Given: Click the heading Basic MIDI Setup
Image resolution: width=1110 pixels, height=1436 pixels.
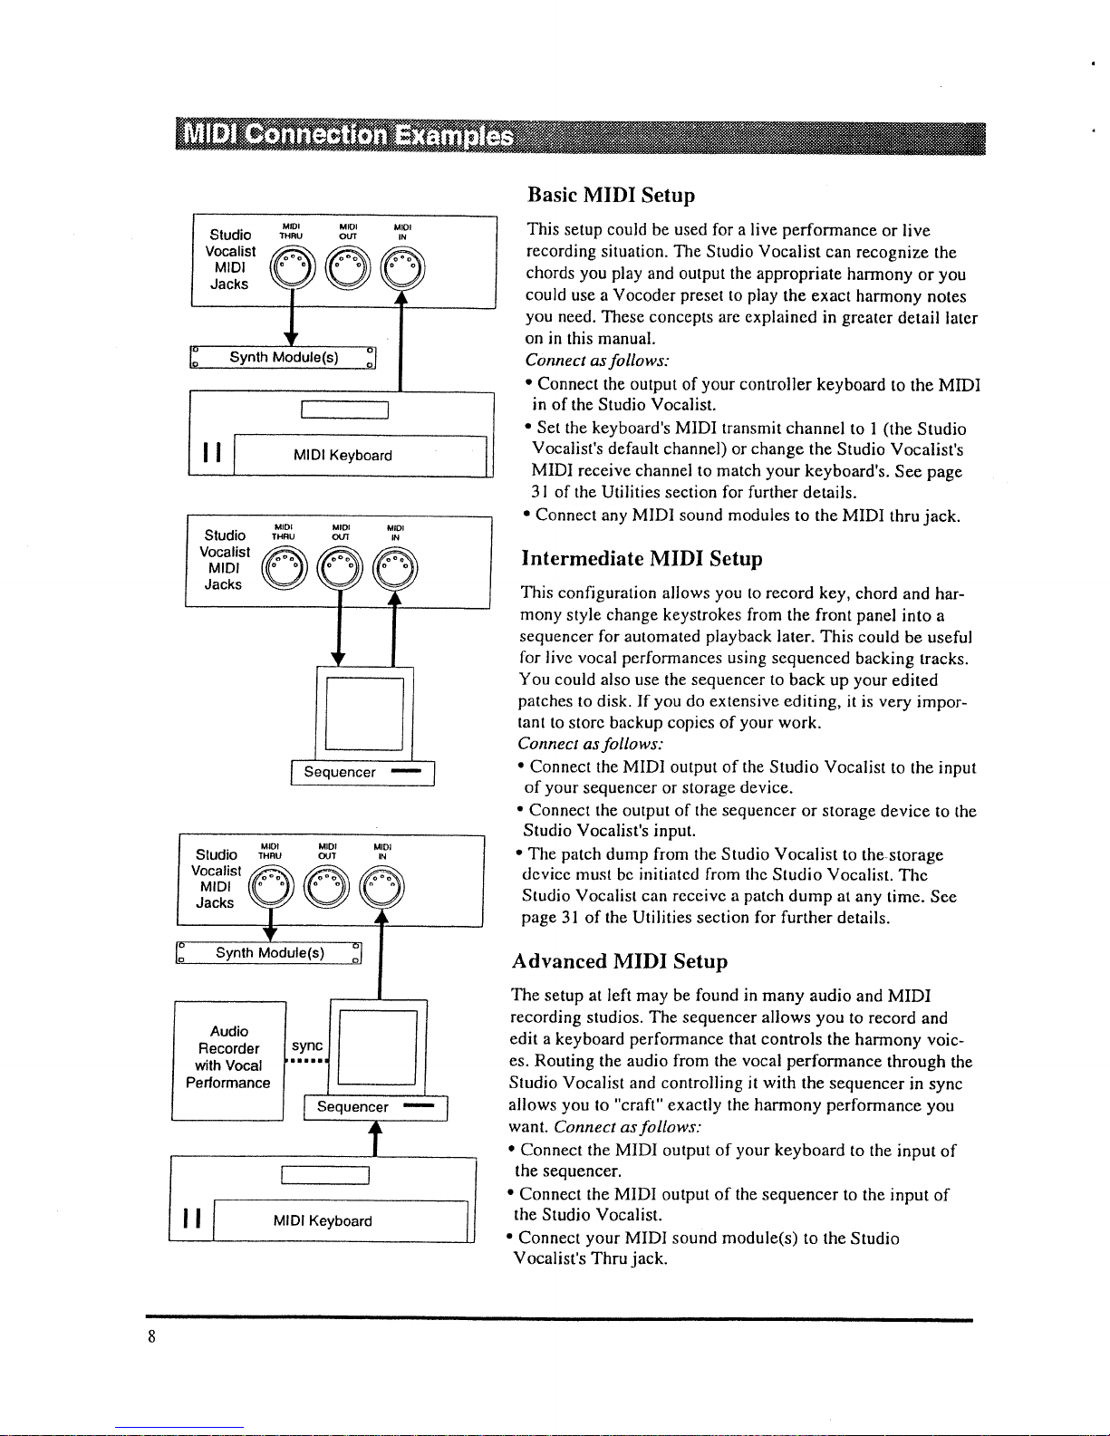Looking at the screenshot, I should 612,196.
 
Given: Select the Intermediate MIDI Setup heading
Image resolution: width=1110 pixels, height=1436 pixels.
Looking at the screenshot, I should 642,558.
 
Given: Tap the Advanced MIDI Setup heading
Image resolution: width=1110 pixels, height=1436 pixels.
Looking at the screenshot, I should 619,961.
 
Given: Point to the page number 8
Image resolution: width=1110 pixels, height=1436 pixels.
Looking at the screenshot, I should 152,1337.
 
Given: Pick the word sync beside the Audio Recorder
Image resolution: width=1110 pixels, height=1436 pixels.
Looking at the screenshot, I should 307,1046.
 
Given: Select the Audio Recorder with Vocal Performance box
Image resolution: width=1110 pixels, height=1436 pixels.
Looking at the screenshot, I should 228,1056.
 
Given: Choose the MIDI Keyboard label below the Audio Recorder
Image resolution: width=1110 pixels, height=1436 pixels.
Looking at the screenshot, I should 323,1221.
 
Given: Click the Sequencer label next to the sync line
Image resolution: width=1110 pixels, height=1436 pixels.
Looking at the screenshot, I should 352,1107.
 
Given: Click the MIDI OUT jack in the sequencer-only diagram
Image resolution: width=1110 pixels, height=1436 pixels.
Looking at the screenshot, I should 341,568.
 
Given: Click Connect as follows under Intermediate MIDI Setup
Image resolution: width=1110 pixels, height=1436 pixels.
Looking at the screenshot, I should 590,744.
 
